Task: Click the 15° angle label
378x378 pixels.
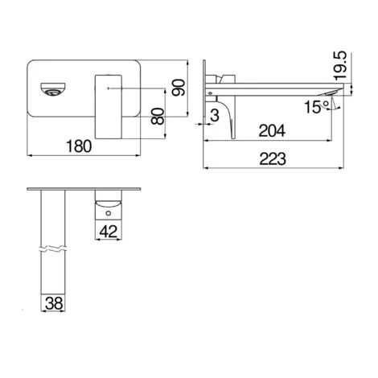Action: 312,105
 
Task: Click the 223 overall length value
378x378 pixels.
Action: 277,161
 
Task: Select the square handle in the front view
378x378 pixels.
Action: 108,99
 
